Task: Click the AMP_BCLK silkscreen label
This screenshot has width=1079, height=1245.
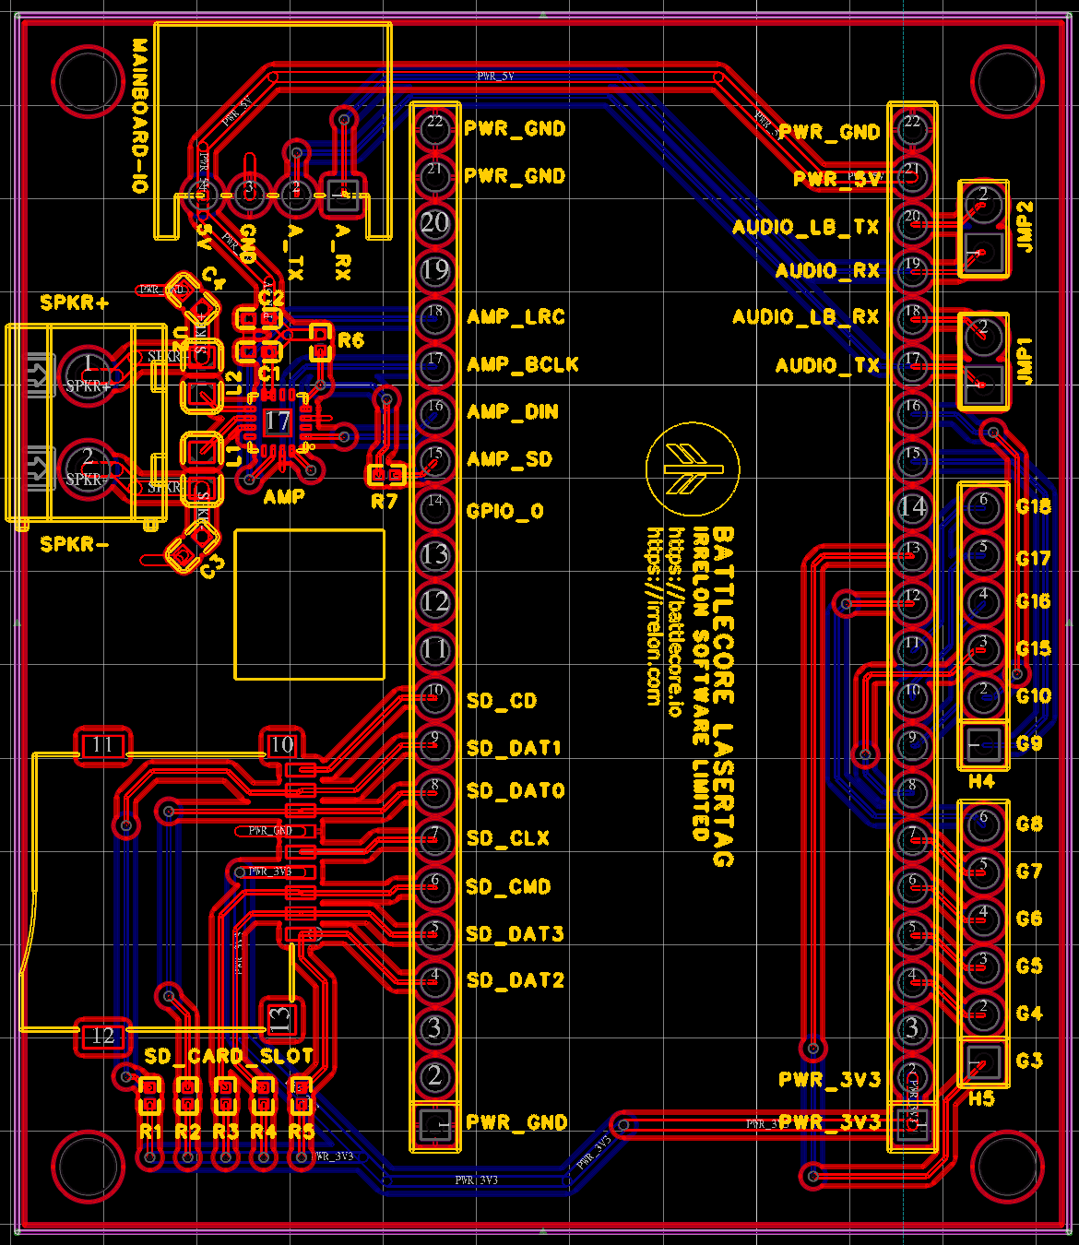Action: (522, 364)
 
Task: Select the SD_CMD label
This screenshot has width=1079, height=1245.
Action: (508, 887)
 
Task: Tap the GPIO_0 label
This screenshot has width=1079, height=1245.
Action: (504, 511)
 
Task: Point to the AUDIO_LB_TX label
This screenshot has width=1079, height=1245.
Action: (805, 227)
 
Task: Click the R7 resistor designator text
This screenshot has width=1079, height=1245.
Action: (384, 502)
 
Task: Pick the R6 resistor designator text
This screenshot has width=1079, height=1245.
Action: (350, 340)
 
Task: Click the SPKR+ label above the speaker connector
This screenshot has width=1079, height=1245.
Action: (74, 302)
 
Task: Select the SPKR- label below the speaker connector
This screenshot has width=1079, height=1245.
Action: (74, 544)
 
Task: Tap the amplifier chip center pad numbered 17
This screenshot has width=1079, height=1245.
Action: (277, 421)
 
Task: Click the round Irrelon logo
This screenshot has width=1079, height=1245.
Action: (692, 469)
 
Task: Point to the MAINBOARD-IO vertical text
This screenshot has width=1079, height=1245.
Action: (139, 115)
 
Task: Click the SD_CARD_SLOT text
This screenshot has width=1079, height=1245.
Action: (229, 1056)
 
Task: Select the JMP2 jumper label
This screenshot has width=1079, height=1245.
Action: (1025, 227)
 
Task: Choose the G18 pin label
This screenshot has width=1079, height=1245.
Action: (1033, 506)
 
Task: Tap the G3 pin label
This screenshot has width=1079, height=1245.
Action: (1029, 1061)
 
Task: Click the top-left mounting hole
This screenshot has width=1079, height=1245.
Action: (88, 80)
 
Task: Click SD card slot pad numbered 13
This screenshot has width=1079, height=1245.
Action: (279, 1019)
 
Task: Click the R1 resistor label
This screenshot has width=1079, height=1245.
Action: (150, 1132)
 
